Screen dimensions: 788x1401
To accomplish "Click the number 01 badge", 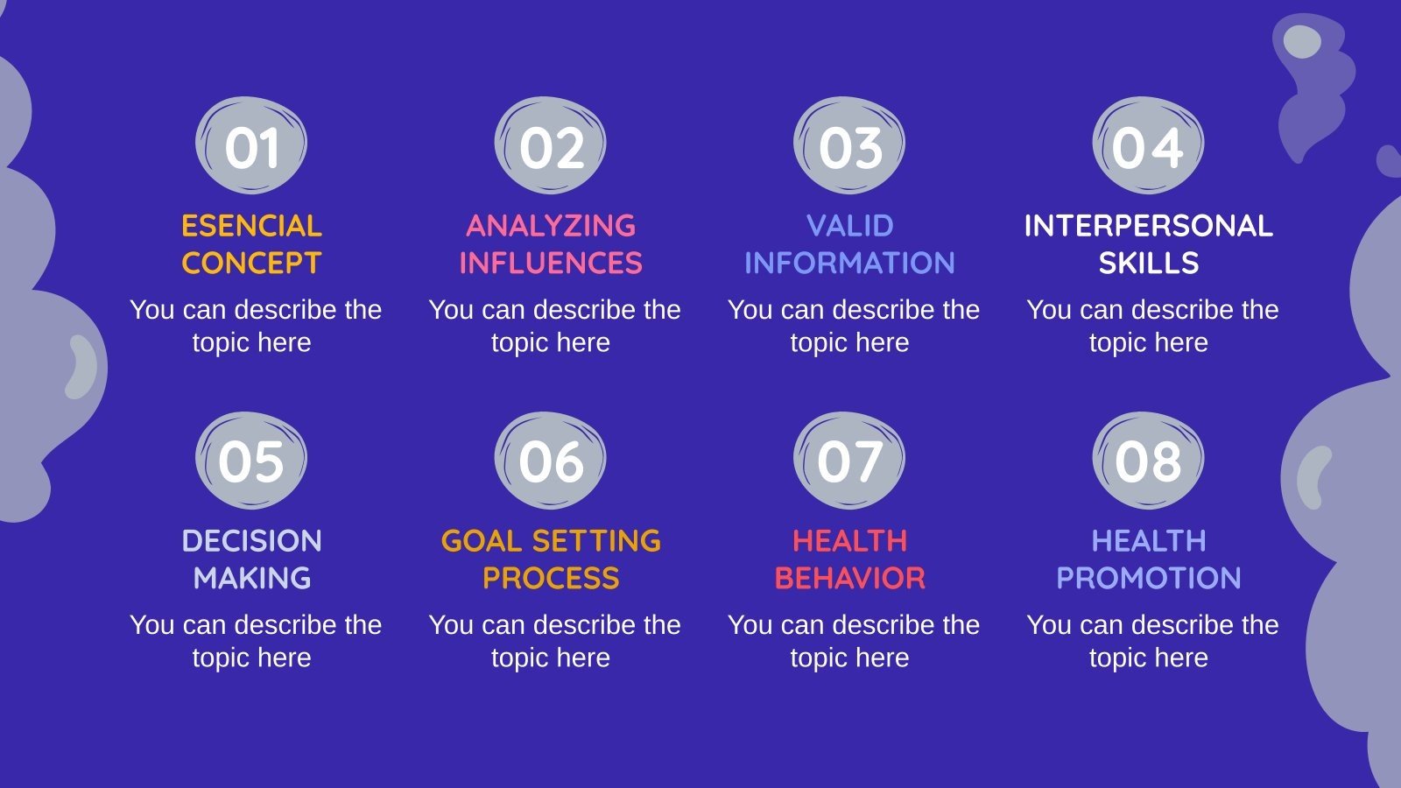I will (251, 146).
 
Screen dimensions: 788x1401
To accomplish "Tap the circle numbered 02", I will (551, 146).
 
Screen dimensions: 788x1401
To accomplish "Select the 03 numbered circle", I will (849, 146).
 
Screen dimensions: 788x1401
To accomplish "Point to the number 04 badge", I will (1148, 146).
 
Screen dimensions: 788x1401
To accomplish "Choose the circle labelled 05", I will (251, 461).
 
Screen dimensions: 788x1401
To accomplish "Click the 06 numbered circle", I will (551, 461).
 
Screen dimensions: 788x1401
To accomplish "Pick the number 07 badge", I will (849, 461).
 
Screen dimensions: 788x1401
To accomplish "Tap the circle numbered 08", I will (1148, 461).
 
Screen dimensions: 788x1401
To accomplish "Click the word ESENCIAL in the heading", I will (251, 226).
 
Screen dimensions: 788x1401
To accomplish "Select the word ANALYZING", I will (551, 226).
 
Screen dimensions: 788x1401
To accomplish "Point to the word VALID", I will (849, 226).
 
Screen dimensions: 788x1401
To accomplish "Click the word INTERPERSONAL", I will (1148, 226).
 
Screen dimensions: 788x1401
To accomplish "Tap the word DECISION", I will (251, 541).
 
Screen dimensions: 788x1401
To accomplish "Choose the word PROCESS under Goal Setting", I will (551, 579).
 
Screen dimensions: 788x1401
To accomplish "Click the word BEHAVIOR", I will (849, 579).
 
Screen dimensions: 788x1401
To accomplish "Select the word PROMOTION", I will (1148, 579).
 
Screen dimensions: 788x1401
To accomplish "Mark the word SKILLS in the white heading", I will (1148, 264).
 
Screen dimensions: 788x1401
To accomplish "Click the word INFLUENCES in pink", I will (551, 264).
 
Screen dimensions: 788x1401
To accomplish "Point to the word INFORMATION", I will (849, 264).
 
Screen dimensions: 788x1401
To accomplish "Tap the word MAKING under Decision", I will (251, 579).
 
